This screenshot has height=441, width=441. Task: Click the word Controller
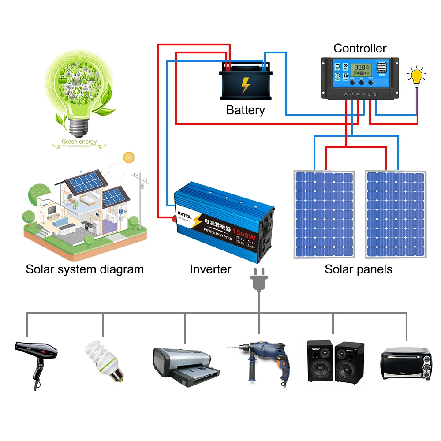click(x=359, y=48)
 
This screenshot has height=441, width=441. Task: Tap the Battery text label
click(x=246, y=110)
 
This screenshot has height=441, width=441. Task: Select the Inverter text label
click(x=210, y=269)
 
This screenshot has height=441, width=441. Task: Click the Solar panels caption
click(x=358, y=269)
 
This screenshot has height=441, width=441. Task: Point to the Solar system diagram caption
click(x=85, y=269)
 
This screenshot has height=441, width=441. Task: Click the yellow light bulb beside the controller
click(x=416, y=76)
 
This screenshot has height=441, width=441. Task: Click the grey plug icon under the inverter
click(x=258, y=280)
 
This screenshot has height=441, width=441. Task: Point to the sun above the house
click(x=129, y=157)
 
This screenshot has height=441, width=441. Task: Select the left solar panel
click(x=324, y=214)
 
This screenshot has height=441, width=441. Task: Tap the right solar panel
click(x=396, y=214)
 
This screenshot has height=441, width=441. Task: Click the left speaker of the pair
click(x=319, y=360)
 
